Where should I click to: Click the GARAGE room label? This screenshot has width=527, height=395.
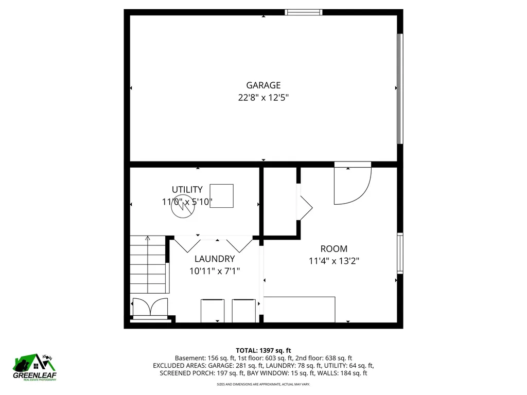point(263,85)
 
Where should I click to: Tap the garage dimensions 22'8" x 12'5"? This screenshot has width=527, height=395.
point(263,98)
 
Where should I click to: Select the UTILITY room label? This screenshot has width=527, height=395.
point(187,189)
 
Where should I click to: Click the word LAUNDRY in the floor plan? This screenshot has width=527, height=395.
point(215,259)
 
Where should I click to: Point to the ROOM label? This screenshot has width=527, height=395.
point(333,249)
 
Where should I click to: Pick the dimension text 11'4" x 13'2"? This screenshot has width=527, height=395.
point(333,261)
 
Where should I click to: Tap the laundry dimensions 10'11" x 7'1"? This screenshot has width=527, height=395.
point(215,271)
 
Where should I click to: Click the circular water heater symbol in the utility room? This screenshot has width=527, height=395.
point(183,206)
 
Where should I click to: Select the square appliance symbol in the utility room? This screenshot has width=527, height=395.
point(221,196)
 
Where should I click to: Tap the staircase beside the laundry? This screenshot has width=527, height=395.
point(148,265)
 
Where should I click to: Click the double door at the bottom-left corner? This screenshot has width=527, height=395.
point(150,307)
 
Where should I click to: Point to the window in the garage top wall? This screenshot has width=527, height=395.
point(304,12)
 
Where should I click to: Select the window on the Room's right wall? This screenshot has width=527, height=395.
point(399,253)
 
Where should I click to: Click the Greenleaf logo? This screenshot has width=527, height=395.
point(34,367)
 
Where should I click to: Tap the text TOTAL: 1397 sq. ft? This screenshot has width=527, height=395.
point(263,351)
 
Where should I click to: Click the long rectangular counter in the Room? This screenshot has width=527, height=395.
point(299,309)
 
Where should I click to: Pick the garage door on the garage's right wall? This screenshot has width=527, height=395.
point(399,88)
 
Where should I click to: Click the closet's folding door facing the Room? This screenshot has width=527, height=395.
point(305,208)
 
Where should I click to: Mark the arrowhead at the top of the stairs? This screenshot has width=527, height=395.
point(148,238)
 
